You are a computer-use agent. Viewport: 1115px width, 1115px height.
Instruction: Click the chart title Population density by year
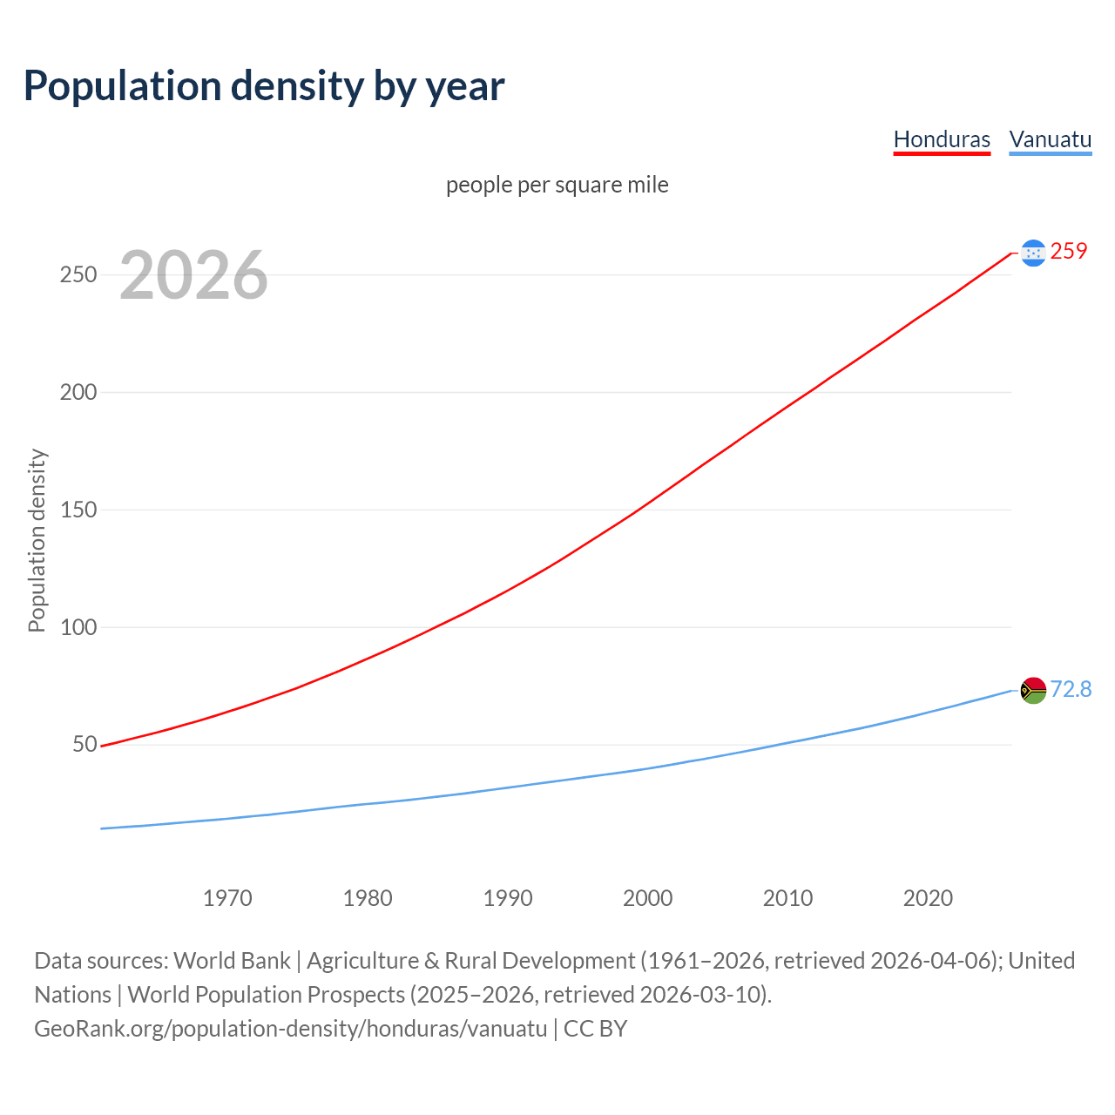coord(264,85)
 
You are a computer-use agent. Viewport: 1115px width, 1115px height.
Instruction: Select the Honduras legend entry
coord(942,139)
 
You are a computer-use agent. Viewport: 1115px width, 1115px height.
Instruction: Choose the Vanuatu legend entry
coord(1050,139)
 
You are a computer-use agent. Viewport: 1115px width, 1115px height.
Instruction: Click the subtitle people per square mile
coord(557,185)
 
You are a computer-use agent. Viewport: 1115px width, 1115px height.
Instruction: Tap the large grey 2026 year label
coord(193,275)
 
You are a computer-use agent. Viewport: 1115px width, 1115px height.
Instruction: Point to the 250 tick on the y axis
coord(78,274)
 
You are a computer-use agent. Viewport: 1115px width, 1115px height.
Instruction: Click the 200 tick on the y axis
coord(78,392)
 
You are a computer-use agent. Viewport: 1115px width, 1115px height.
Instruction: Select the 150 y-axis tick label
coord(78,510)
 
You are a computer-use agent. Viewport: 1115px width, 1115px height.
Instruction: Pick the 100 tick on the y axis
coord(78,627)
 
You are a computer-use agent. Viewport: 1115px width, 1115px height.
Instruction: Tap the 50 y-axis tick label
coord(84,744)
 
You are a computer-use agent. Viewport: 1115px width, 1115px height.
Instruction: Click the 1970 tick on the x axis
coord(227,898)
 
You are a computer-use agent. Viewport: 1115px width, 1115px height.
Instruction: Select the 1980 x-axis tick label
coord(368,898)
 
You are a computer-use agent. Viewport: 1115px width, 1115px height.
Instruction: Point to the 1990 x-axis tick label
coord(508,898)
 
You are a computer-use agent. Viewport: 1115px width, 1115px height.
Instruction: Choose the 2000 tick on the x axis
coord(648,898)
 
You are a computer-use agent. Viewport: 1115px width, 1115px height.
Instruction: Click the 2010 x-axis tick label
coord(787,898)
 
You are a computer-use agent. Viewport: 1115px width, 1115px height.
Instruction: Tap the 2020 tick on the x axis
coord(928,898)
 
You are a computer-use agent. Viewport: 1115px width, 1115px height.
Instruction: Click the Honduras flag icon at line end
coord(1033,253)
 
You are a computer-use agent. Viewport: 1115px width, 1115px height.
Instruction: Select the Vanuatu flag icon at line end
coord(1033,690)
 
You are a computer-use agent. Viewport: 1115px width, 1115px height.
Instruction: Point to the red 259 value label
coord(1069,251)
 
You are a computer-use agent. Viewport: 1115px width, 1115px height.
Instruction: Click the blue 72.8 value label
coord(1071,689)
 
